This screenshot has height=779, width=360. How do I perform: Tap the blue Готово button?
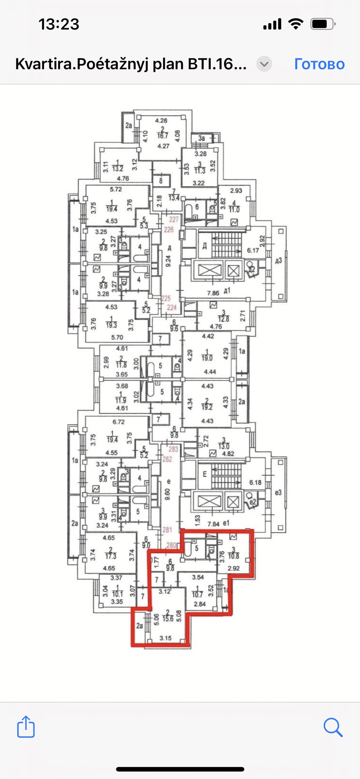pyautogui.click(x=319, y=64)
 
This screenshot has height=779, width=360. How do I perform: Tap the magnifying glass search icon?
pyautogui.click(x=333, y=727)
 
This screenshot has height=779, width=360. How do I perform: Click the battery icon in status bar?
pyautogui.click(x=322, y=24)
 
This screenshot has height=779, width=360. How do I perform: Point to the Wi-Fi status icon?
pyautogui.click(x=295, y=24)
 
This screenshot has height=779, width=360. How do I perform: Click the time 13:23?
pyautogui.click(x=59, y=25)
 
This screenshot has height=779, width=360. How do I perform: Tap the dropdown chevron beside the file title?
pyautogui.click(x=264, y=64)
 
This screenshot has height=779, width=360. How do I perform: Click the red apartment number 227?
pyautogui.click(x=174, y=219)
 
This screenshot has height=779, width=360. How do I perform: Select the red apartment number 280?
pyautogui.click(x=171, y=545)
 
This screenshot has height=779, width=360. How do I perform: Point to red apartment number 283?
pyautogui.click(x=173, y=450)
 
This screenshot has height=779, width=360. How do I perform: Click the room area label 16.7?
pyautogui.click(x=162, y=136)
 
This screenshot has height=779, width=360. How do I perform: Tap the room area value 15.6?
pyautogui.click(x=168, y=619)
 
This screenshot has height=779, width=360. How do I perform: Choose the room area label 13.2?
pyautogui.click(x=118, y=169)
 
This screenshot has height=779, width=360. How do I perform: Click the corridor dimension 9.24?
pyautogui.click(x=168, y=260)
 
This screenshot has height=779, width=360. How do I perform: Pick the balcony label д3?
pyautogui.click(x=278, y=260)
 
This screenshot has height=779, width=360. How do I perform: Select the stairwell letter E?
pyautogui.click(x=205, y=474)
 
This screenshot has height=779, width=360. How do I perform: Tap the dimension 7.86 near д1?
pyautogui.click(x=213, y=293)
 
